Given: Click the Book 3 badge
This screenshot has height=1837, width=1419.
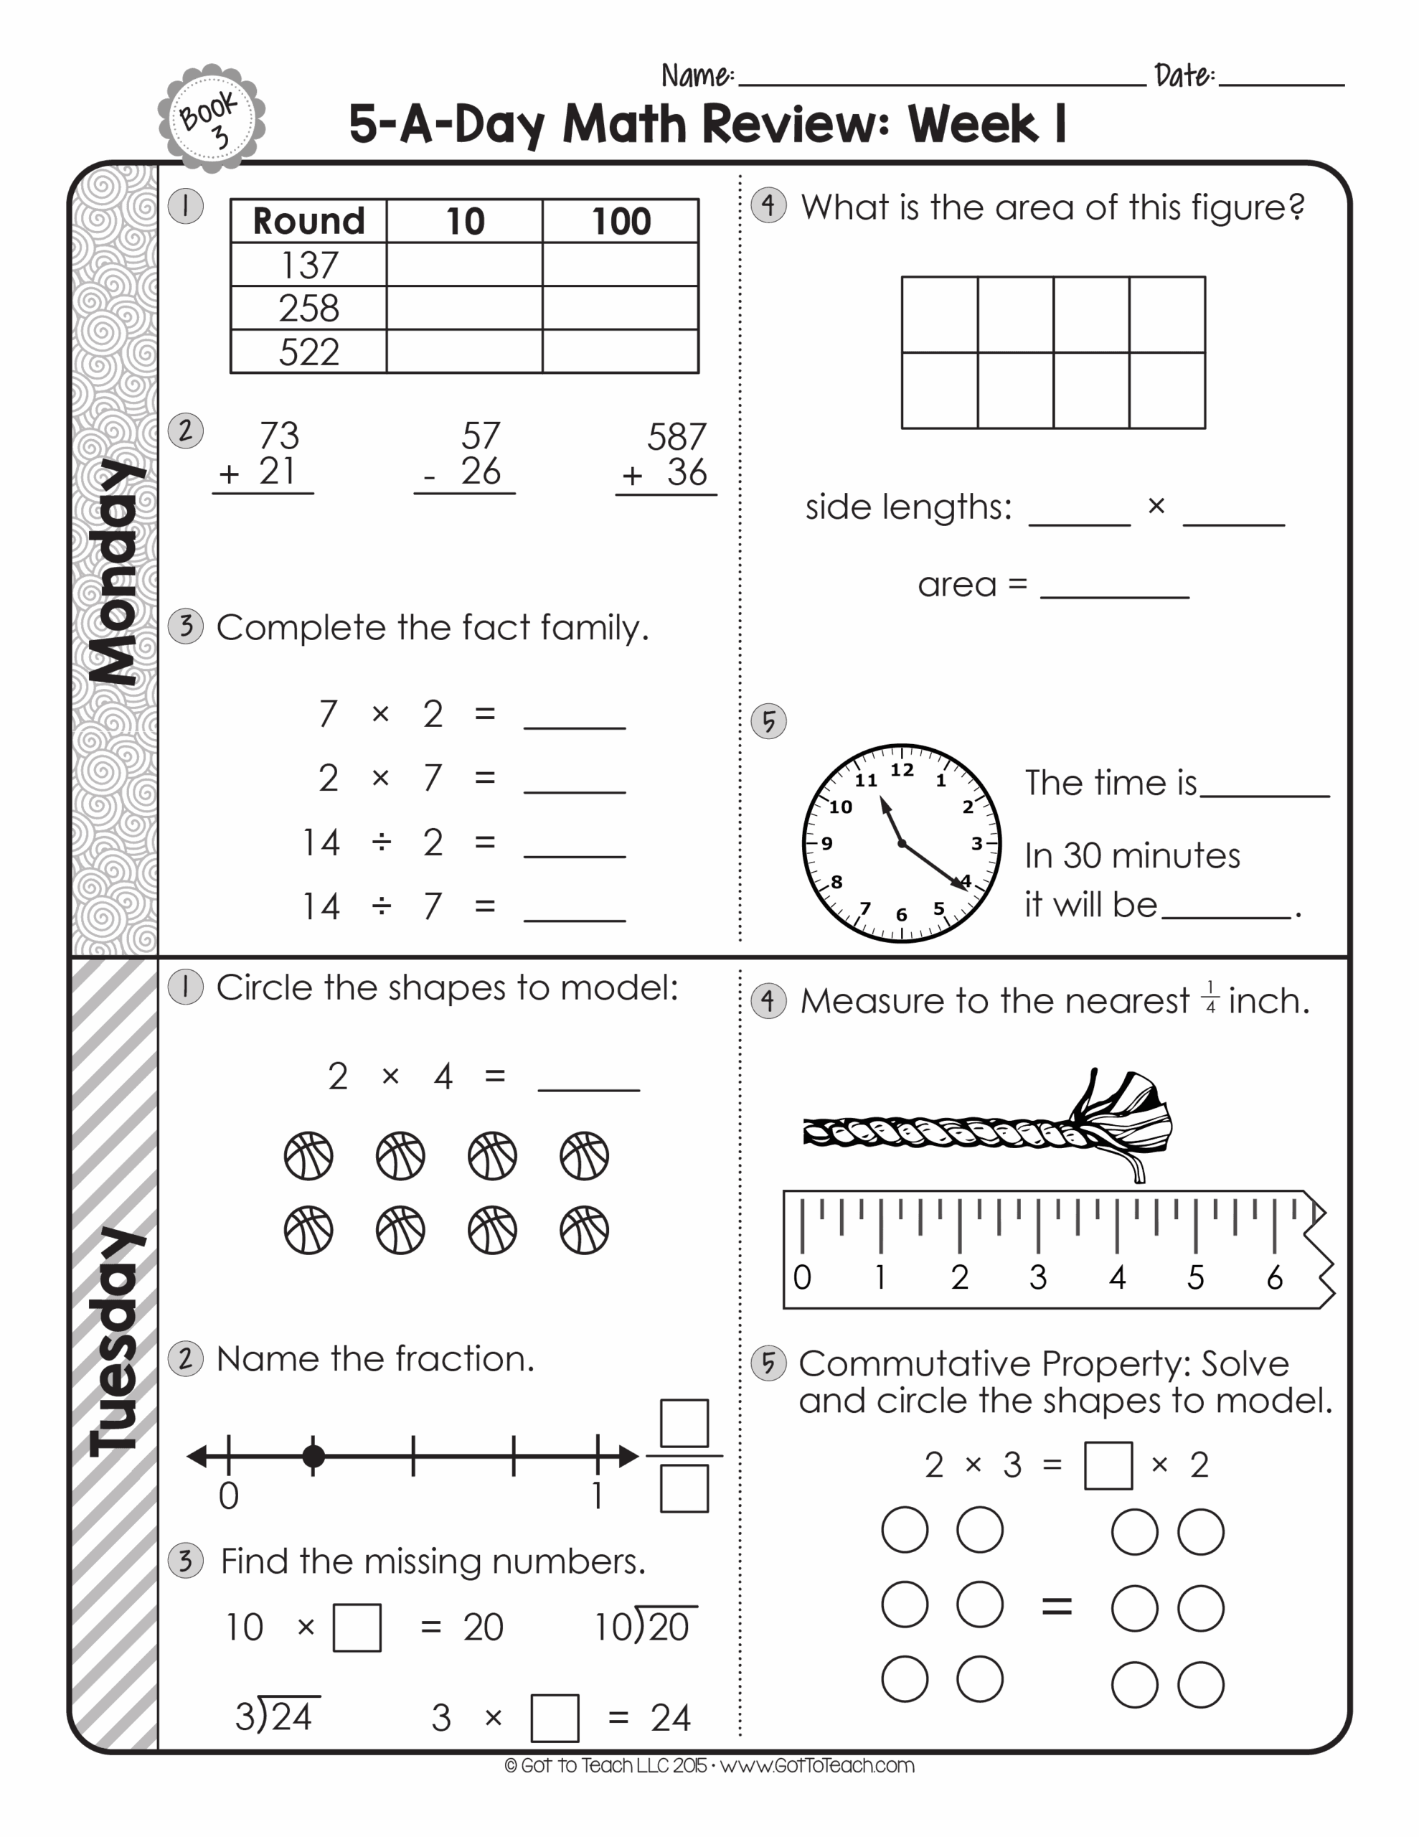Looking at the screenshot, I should pyautogui.click(x=211, y=119).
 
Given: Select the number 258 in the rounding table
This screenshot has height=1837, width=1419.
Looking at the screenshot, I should pyautogui.click(x=308, y=308).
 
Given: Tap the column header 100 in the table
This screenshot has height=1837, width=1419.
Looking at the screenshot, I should pyautogui.click(x=621, y=221).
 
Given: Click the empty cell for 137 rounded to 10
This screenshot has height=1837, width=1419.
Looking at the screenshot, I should pyautogui.click(x=464, y=265).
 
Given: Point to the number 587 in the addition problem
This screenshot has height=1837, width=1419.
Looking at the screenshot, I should pyautogui.click(x=676, y=436).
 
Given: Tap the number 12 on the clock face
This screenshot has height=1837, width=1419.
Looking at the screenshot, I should pyautogui.click(x=902, y=770).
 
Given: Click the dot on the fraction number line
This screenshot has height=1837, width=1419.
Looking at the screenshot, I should pyautogui.click(x=313, y=1456).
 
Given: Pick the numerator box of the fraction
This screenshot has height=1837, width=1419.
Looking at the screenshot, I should pyautogui.click(x=684, y=1422).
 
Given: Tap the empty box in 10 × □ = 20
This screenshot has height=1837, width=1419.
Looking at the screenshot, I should pyautogui.click(x=357, y=1627).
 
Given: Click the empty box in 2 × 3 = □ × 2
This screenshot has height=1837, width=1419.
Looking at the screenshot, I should pyautogui.click(x=1108, y=1465).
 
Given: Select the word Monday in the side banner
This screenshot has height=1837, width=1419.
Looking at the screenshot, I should pyautogui.click(x=118, y=572).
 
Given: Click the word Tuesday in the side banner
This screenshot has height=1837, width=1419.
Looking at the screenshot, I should pyautogui.click(x=117, y=1342).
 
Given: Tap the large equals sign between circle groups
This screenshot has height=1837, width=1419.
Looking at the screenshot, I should pyautogui.click(x=1057, y=1607).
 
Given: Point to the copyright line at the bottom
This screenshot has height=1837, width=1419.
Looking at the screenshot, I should pyautogui.click(x=709, y=1765).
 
